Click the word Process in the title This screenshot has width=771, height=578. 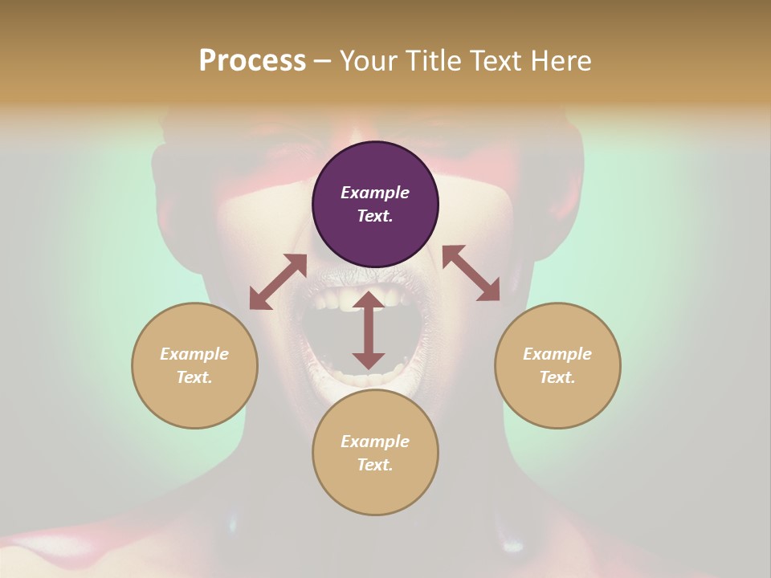coord(252,61)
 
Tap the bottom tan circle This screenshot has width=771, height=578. coord(375,482)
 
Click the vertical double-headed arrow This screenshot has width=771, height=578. coord(369,330)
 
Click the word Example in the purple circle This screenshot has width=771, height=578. coord(375,193)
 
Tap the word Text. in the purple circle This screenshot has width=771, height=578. coord(375,216)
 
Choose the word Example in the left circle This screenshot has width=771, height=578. coord(194,354)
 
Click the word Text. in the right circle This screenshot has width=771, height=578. coord(557,377)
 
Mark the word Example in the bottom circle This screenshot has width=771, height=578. coord(375,442)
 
